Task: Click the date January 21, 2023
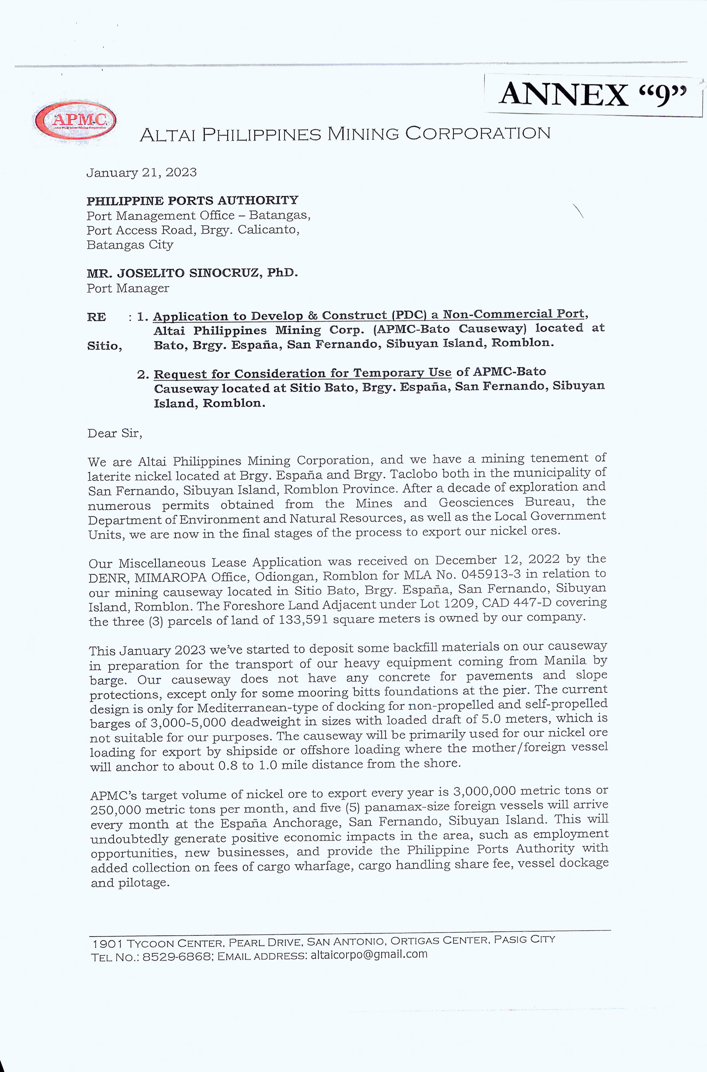point(142,172)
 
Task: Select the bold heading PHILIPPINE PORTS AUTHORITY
point(192,201)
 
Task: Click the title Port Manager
point(128,288)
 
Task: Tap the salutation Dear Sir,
point(115,433)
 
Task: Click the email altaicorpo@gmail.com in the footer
point(369,954)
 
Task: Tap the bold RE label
point(96,317)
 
